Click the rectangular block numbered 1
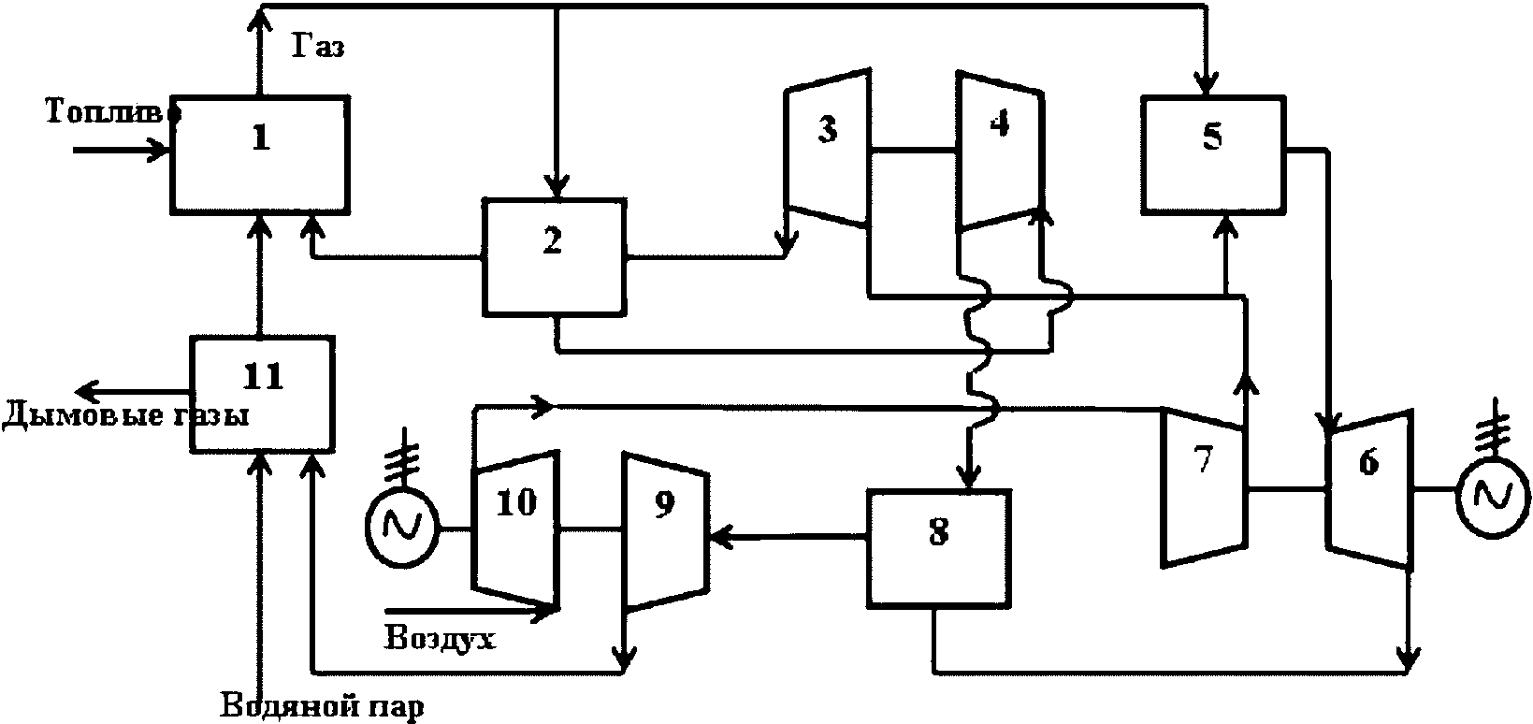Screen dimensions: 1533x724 (x=260, y=154)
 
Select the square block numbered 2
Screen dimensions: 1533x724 (x=555, y=257)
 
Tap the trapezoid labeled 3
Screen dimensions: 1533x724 (x=828, y=147)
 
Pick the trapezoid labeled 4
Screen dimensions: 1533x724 (x=1000, y=151)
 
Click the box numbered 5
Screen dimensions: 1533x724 (x=1213, y=154)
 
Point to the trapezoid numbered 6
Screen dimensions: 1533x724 (x=1369, y=488)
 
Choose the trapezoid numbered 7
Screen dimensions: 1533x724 (x=1204, y=488)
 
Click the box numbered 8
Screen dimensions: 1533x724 (x=939, y=547)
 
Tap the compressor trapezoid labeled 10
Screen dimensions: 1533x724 (x=516, y=529)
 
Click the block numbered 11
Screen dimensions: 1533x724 (x=262, y=394)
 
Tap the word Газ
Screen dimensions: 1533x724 (x=319, y=46)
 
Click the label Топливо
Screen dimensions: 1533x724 (x=113, y=111)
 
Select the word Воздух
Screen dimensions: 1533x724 (x=440, y=638)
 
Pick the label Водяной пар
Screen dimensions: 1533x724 (x=323, y=707)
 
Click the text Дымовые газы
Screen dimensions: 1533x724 (x=125, y=415)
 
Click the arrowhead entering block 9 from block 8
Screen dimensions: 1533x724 (x=720, y=537)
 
